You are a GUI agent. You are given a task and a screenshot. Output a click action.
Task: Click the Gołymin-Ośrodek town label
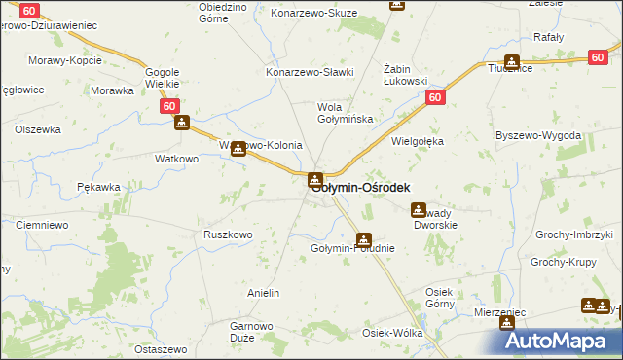click(361, 188)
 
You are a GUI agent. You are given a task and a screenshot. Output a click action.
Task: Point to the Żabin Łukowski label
click(406, 75)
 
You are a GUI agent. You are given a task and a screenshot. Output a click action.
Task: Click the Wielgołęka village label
click(418, 141)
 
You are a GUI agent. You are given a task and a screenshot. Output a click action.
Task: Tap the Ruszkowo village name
click(228, 234)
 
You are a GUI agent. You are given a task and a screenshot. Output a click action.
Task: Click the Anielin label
click(264, 293)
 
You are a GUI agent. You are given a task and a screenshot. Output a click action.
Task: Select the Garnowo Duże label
click(248, 332)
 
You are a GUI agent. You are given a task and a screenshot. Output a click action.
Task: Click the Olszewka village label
click(38, 128)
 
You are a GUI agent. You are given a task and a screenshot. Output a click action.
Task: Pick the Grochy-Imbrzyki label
click(579, 235)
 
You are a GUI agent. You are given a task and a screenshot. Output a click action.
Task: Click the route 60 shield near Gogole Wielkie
click(170, 105)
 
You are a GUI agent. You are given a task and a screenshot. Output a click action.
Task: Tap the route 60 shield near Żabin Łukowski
click(434, 98)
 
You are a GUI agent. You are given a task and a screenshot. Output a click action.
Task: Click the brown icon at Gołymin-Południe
click(363, 239)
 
